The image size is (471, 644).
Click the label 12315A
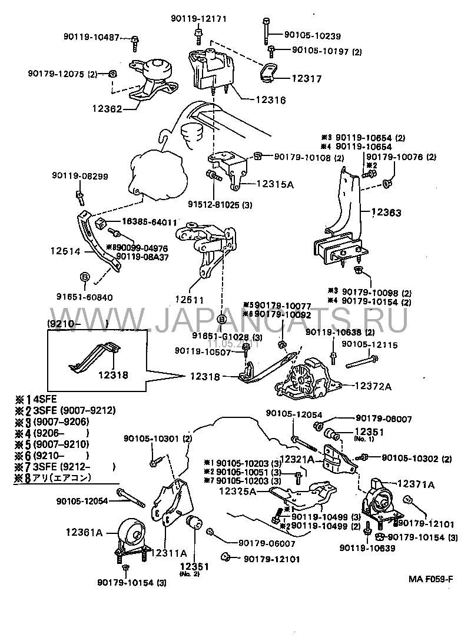[274, 184]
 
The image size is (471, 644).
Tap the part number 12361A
[84, 532]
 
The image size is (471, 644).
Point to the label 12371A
[416, 484]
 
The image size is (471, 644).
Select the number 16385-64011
[149, 222]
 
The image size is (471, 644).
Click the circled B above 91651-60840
[83, 276]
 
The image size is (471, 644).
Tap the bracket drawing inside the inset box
[94, 355]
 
